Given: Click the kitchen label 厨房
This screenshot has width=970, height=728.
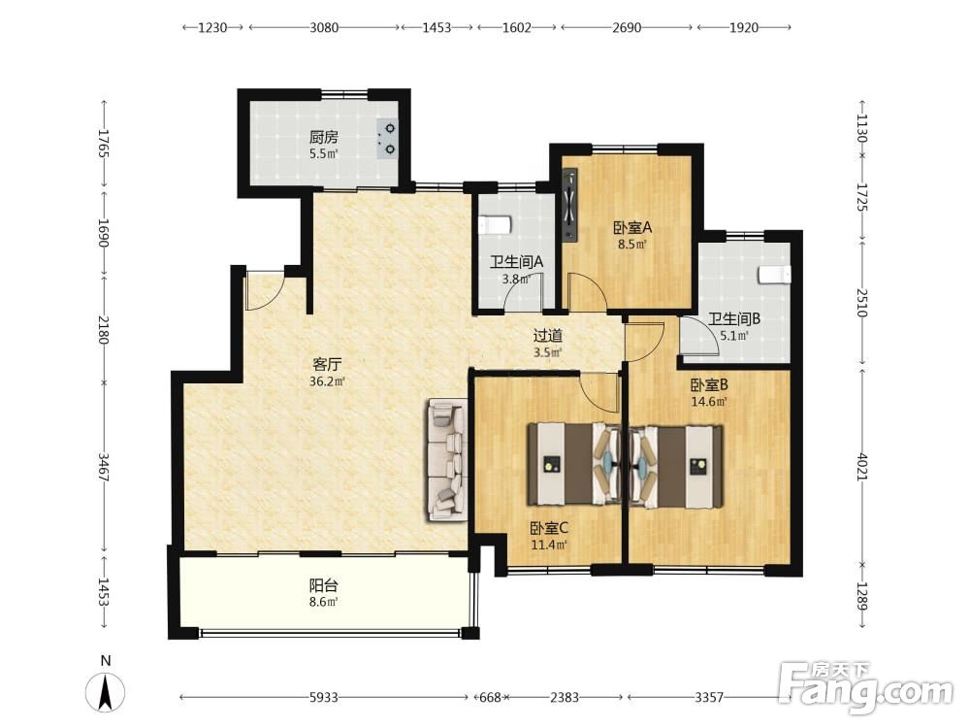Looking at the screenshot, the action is [x=324, y=137].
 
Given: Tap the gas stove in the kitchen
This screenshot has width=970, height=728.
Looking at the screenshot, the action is [x=388, y=138].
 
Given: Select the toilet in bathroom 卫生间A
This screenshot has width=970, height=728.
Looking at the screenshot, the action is [x=495, y=225].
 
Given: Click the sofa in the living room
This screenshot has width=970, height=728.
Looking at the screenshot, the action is [x=446, y=461].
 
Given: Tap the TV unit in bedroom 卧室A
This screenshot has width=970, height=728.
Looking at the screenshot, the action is [x=569, y=204].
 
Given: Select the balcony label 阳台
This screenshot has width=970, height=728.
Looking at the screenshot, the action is [x=324, y=585].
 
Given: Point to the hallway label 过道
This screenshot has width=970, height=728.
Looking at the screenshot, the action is [x=548, y=336].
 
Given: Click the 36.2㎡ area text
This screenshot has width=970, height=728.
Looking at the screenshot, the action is [x=327, y=381].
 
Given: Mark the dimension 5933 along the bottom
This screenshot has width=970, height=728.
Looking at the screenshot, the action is [x=324, y=698].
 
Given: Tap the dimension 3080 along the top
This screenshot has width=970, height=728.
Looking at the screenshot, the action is [x=324, y=27].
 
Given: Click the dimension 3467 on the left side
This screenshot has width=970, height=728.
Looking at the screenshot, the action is [x=104, y=468].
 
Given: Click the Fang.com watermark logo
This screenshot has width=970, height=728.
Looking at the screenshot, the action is [x=866, y=686].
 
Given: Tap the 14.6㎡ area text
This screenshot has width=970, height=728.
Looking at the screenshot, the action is [x=709, y=401].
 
